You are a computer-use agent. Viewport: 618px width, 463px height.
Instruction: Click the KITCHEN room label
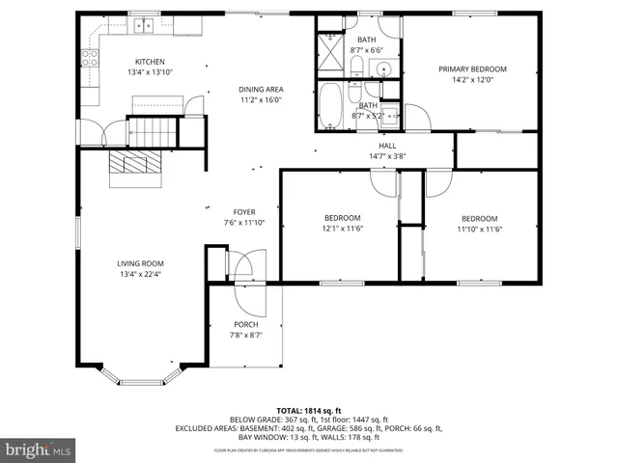[149, 61]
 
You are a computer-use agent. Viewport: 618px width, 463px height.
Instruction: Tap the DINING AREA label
[261, 90]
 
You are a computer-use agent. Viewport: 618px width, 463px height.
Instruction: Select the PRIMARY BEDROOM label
[472, 69]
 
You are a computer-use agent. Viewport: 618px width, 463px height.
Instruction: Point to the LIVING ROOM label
[141, 263]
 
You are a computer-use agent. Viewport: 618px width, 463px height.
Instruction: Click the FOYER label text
[243, 212]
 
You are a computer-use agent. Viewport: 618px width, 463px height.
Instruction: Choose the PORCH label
[245, 324]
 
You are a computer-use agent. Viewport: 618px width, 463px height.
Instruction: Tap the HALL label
[387, 146]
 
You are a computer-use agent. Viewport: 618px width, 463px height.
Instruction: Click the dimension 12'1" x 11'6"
[342, 229]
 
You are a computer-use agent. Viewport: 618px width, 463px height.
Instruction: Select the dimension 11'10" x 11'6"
[479, 229]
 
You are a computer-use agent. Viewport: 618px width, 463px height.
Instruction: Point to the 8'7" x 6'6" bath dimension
[368, 49]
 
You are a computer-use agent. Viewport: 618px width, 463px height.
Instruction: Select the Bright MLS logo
[39, 449]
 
